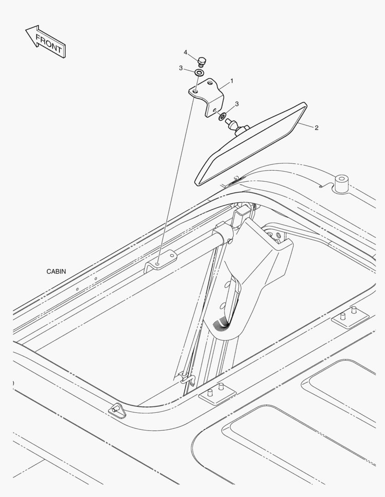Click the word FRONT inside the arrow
click(48, 43)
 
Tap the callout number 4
click(185, 52)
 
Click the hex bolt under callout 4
click(201, 62)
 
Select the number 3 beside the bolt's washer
click(181, 68)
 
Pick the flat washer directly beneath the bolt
click(200, 73)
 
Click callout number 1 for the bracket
click(231, 81)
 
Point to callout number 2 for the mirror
click(316, 128)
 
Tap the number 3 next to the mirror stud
click(237, 104)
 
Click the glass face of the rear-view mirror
click(251, 144)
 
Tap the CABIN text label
click(56, 272)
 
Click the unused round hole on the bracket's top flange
click(209, 83)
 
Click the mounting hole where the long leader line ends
click(158, 263)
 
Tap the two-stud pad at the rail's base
click(217, 393)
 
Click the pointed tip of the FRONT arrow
click(26, 30)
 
